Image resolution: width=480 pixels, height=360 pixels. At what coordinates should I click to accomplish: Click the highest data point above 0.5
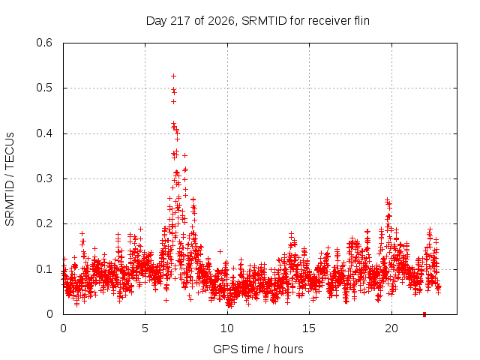click(x=173, y=76)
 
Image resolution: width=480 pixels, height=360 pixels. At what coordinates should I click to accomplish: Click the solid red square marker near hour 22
click(x=424, y=314)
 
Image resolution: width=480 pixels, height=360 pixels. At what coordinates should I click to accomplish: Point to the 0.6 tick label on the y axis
click(x=44, y=43)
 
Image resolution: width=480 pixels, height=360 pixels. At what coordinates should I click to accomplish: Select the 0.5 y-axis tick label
click(x=44, y=88)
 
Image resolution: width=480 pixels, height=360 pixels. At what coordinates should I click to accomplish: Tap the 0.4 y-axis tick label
click(x=44, y=133)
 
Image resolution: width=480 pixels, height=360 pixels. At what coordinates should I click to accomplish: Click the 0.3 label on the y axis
click(x=44, y=178)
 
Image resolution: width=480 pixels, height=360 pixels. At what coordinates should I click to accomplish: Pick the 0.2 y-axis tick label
click(x=44, y=223)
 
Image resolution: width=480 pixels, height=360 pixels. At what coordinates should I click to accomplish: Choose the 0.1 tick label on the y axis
click(x=44, y=269)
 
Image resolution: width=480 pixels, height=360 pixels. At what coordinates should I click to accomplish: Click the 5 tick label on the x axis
click(x=145, y=328)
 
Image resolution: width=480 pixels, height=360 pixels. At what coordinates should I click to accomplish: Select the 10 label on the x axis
click(x=227, y=328)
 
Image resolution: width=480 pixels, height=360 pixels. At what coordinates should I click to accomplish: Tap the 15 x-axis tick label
click(x=309, y=328)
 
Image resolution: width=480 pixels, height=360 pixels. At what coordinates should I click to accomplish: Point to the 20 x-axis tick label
click(x=391, y=328)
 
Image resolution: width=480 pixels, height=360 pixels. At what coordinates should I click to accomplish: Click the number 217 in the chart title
click(x=181, y=21)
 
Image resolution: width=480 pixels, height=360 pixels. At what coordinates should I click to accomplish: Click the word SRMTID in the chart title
click(x=264, y=21)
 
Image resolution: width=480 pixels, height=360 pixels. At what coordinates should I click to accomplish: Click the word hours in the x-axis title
click(x=288, y=349)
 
